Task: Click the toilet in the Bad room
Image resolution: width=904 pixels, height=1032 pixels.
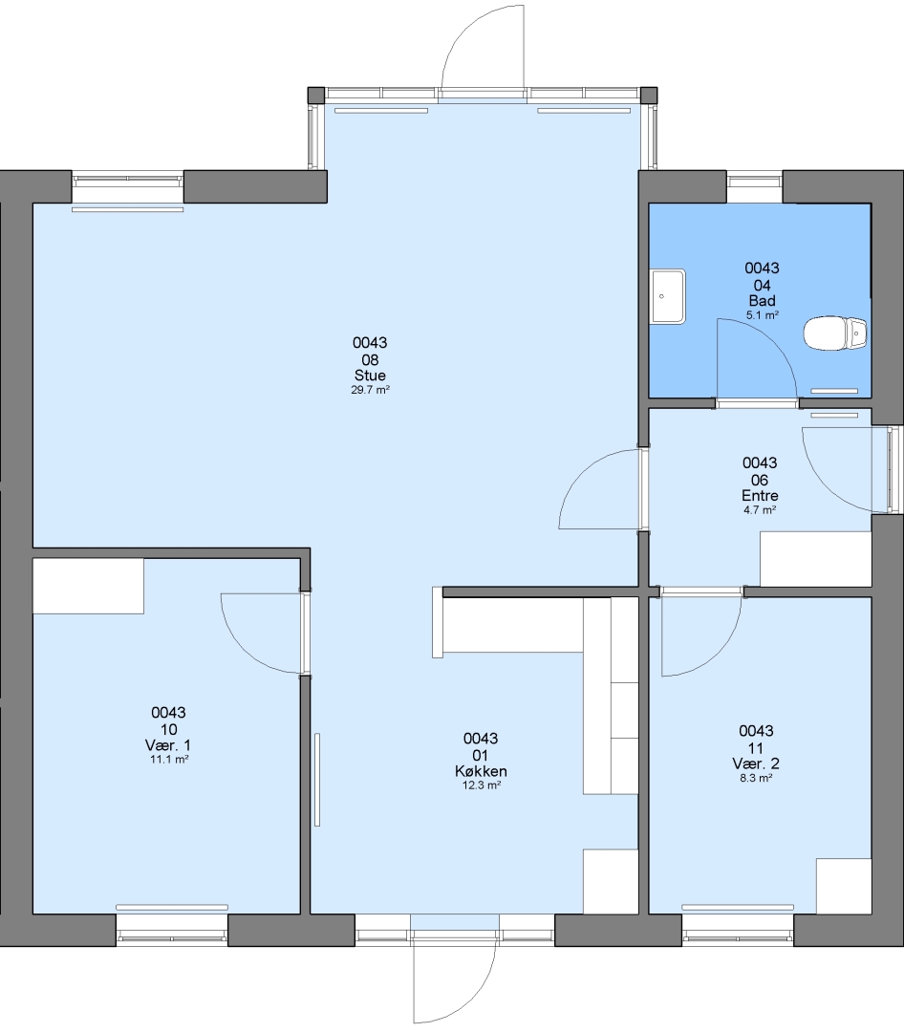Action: (835, 333)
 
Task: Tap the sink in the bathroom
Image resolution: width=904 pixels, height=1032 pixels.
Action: (668, 296)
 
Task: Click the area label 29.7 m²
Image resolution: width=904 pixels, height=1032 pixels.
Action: (370, 390)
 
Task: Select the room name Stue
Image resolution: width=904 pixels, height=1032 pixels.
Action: (370, 376)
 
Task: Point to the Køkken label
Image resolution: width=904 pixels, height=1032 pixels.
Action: (482, 771)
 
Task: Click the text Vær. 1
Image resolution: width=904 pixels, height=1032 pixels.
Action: (168, 745)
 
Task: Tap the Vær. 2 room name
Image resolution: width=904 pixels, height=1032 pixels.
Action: (756, 763)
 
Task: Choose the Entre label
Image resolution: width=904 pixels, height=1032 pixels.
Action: (760, 496)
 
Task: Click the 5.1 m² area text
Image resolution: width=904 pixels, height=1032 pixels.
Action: (763, 315)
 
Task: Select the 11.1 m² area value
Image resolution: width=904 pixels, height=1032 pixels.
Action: (169, 760)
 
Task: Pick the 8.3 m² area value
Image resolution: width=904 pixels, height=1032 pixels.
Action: (756, 778)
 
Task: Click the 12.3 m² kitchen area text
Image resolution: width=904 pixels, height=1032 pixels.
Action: (482, 785)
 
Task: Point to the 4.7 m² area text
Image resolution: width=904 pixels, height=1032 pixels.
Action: (760, 510)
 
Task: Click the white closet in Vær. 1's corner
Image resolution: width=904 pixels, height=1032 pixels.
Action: (88, 586)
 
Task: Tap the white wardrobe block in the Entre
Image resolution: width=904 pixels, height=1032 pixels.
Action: (816, 559)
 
